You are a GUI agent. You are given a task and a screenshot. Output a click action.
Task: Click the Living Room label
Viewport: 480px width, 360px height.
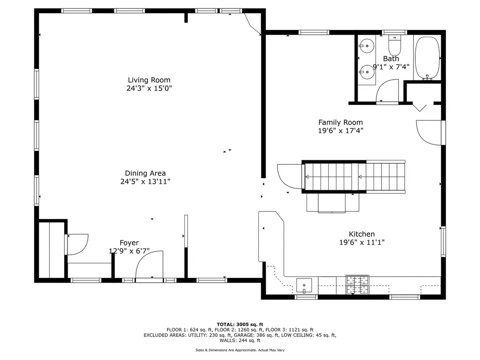(x=149, y=80)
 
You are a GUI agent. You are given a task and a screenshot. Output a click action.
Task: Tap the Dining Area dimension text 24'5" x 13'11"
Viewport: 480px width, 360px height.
(x=145, y=182)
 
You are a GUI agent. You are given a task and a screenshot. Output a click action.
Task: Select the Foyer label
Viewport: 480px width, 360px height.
(x=129, y=243)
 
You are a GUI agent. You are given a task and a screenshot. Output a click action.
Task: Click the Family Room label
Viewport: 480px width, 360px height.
(x=340, y=123)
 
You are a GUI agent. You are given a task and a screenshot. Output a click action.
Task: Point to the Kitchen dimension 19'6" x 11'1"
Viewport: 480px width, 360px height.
(x=361, y=242)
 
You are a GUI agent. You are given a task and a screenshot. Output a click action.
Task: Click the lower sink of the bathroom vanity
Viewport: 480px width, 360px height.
(x=367, y=72)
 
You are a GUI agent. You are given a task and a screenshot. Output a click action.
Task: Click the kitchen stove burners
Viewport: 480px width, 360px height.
(x=357, y=285)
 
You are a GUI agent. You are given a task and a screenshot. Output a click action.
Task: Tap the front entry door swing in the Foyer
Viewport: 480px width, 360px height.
(x=149, y=266)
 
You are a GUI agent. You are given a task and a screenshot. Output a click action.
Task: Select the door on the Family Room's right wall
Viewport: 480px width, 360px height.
(x=429, y=132)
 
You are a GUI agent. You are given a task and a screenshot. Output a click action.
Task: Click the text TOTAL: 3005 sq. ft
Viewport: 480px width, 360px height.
(x=240, y=324)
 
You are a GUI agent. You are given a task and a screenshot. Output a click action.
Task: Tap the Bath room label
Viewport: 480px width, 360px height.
(x=391, y=59)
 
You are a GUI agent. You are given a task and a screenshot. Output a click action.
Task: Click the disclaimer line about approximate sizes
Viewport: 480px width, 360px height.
(x=240, y=350)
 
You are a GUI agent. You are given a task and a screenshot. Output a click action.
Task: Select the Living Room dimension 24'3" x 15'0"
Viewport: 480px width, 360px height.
(x=149, y=88)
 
